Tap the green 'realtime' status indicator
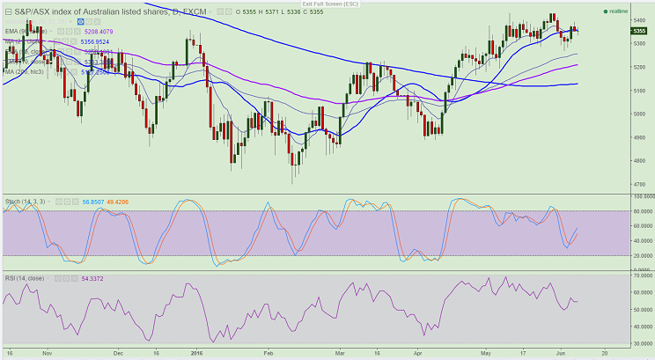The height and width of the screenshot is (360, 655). click(619, 11)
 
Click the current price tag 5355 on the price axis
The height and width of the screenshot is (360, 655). click(640, 31)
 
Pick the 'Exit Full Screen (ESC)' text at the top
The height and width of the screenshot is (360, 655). click(327, 4)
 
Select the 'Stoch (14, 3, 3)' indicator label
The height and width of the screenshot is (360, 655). click(26, 202)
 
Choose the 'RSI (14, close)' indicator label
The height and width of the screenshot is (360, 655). click(24, 278)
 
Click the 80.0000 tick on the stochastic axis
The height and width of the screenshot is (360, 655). click(641, 211)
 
